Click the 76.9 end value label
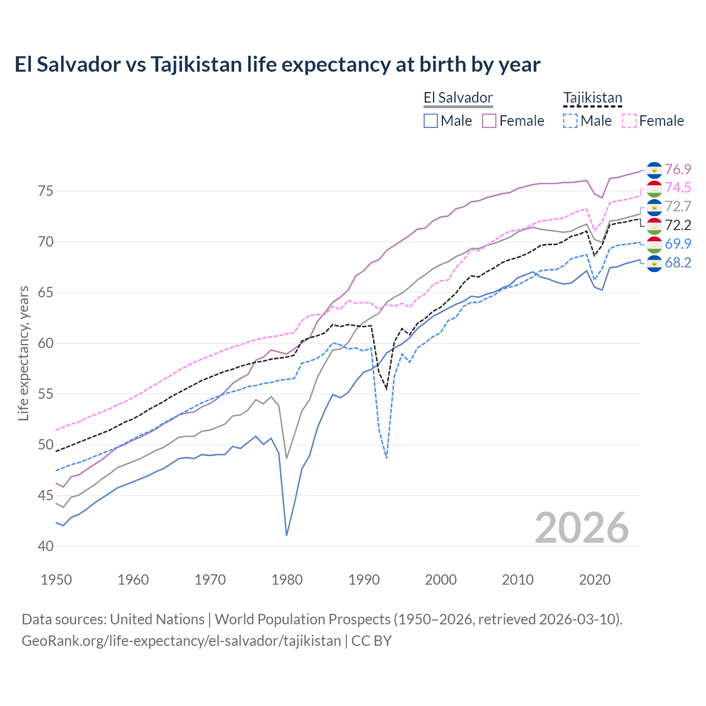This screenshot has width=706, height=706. [x=678, y=169]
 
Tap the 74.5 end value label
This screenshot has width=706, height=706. [x=678, y=188]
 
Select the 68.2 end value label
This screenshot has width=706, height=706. [x=678, y=263]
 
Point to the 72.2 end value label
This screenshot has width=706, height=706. [x=678, y=226]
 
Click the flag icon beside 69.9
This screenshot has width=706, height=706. [x=654, y=244]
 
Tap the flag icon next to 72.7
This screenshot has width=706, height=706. [x=654, y=207]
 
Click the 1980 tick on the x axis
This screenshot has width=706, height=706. [x=287, y=580]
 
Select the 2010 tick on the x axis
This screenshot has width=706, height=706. [x=517, y=580]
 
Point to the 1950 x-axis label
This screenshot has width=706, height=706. [x=56, y=580]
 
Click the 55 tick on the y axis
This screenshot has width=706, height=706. [x=46, y=394]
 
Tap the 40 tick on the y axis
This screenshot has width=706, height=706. [x=46, y=547]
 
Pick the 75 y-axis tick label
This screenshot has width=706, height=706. [x=46, y=191]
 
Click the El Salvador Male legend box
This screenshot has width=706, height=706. [x=431, y=121]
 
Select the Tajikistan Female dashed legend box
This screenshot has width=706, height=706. [x=629, y=121]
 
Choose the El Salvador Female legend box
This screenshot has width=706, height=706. [x=489, y=121]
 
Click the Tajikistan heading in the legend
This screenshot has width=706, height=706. [x=592, y=98]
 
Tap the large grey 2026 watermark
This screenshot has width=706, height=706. [x=582, y=528]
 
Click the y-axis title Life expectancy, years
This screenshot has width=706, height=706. [x=23, y=353]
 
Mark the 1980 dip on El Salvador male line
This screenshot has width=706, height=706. [x=287, y=535]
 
